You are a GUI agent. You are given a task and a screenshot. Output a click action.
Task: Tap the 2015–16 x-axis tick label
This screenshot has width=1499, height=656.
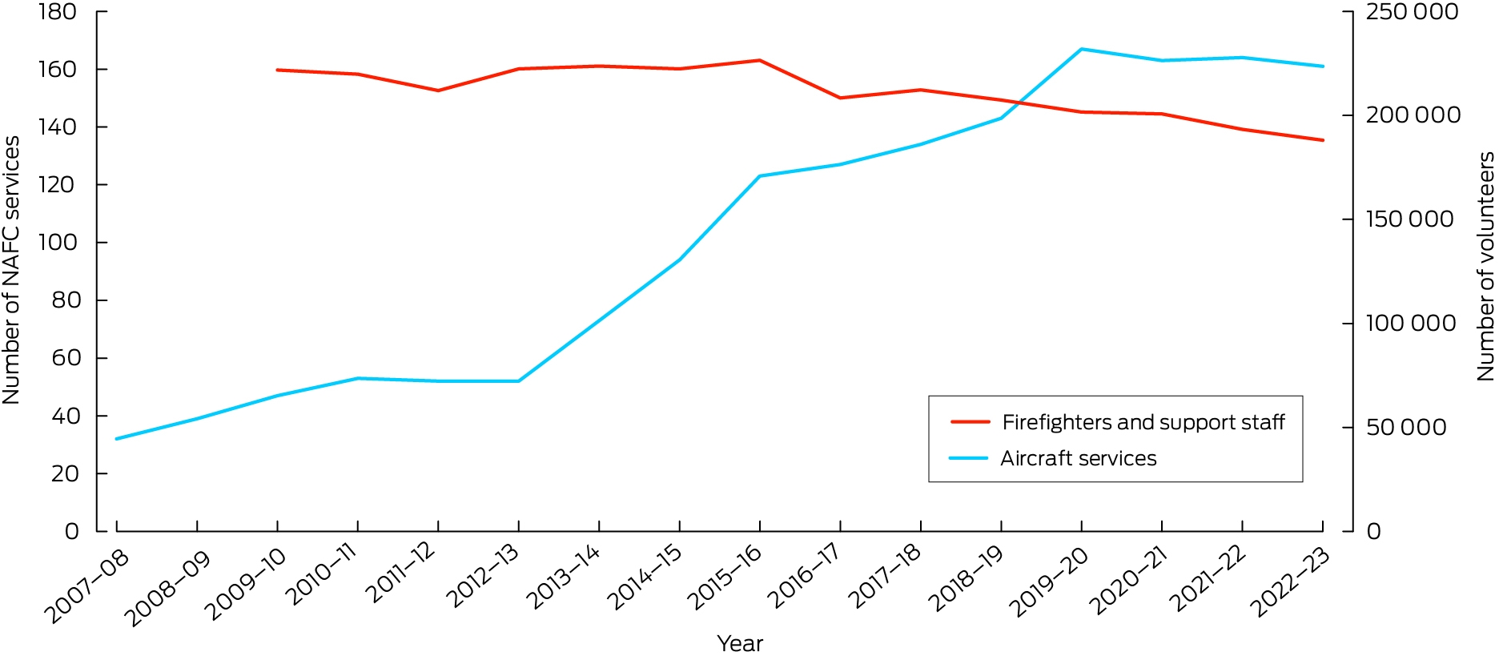[724, 578]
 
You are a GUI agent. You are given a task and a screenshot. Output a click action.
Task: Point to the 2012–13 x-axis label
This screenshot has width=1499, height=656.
[483, 578]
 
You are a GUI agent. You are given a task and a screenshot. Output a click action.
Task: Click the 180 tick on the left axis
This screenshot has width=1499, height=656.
[57, 12]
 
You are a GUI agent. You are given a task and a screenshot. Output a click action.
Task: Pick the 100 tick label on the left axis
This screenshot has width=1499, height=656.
[58, 243]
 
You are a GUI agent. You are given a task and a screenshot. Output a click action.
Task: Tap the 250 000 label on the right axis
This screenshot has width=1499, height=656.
[1412, 12]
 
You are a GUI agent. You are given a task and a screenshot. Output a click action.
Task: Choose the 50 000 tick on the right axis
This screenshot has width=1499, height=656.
[1406, 427]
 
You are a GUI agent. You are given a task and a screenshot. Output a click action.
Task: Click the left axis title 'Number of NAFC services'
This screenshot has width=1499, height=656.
[11, 270]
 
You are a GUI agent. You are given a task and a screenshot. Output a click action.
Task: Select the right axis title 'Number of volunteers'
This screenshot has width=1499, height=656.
[1485, 267]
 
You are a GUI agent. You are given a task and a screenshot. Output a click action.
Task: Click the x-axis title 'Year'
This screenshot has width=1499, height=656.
[740, 643]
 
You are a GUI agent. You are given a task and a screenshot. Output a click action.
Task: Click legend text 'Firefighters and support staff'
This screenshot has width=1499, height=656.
[1143, 422]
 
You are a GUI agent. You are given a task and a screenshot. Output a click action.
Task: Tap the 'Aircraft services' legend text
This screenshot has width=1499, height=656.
[1079, 458]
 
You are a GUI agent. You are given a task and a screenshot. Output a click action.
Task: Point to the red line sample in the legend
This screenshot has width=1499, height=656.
[970, 422]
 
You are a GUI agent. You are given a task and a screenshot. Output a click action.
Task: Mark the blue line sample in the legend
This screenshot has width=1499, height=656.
[969, 458]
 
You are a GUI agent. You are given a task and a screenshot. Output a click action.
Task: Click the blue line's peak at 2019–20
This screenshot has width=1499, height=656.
[1082, 49]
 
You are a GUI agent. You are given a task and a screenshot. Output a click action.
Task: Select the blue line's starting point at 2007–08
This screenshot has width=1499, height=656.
[117, 439]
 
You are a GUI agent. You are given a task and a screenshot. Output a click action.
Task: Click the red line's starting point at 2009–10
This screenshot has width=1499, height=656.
[277, 70]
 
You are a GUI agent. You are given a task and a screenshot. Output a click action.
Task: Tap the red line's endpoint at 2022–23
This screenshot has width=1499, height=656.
[1323, 140]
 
